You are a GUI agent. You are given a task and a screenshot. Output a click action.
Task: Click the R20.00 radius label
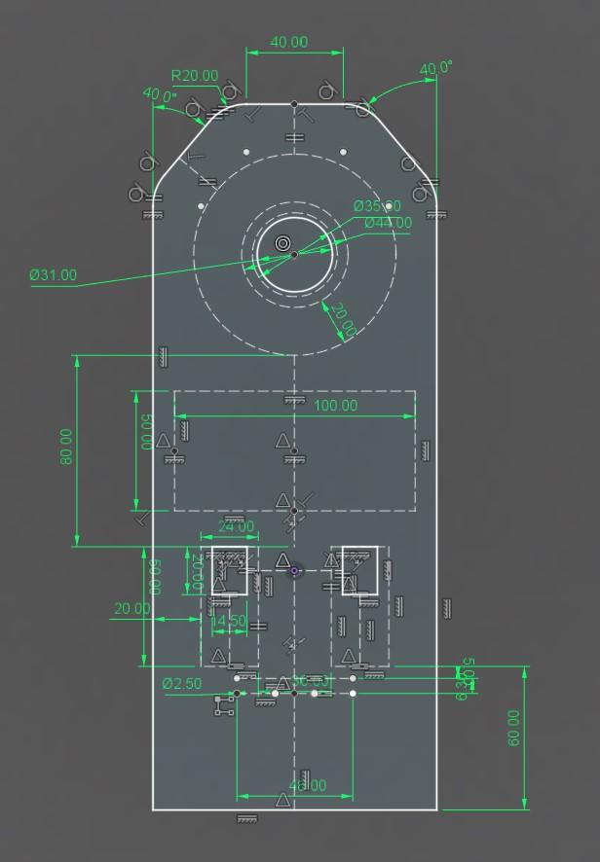click(195, 76)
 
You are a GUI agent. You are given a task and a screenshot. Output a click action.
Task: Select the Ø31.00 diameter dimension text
click(53, 275)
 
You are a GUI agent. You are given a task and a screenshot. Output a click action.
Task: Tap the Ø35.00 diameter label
click(376, 206)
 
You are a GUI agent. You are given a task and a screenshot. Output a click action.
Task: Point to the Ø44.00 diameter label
click(388, 223)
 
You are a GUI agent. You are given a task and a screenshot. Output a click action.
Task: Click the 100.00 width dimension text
click(335, 405)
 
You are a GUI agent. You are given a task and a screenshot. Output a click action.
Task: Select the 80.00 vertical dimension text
click(66, 447)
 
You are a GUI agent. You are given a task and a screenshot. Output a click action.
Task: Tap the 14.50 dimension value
click(228, 621)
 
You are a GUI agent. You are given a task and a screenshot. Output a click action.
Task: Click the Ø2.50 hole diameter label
click(182, 684)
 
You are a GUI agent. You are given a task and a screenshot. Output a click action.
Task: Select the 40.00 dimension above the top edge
click(288, 42)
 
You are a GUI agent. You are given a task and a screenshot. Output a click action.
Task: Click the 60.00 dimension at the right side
click(513, 728)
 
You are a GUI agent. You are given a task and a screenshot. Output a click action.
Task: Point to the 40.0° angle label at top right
click(435, 68)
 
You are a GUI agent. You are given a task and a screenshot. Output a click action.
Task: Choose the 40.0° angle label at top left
click(160, 95)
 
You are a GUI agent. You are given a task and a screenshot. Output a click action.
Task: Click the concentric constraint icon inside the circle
click(282, 242)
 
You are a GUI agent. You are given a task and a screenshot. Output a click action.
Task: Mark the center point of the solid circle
click(294, 255)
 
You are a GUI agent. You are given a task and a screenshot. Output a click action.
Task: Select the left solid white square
click(230, 570)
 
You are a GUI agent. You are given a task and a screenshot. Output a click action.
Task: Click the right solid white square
click(358, 570)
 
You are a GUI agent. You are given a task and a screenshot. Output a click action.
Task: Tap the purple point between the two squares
click(294, 570)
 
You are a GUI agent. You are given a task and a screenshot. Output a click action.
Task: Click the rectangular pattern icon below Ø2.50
click(225, 706)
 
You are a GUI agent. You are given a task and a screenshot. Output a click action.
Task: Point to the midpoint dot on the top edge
click(294, 103)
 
